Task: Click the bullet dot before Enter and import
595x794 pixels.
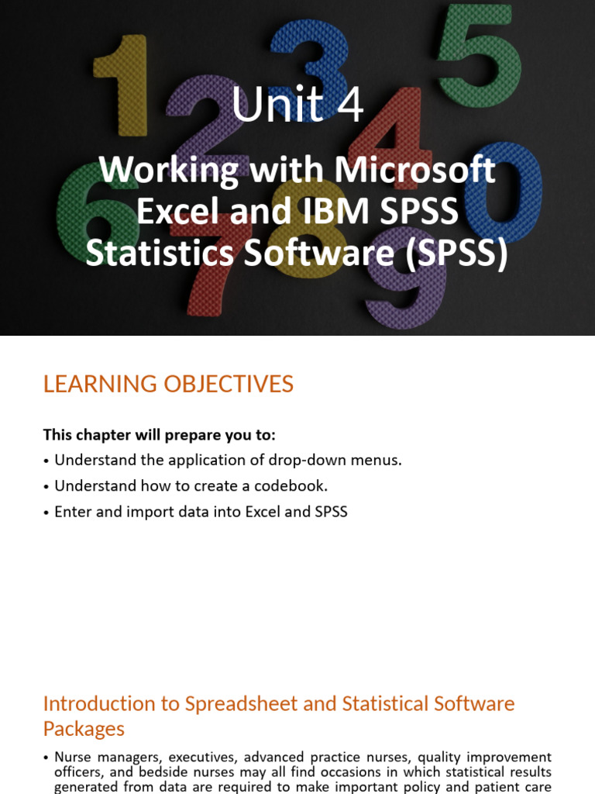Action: [x=46, y=513]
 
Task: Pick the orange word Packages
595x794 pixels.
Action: [x=84, y=729]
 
